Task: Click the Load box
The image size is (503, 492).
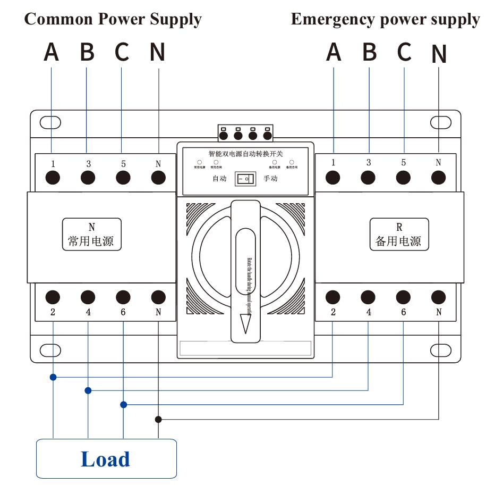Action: click(x=106, y=458)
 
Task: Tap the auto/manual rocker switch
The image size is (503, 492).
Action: click(x=245, y=179)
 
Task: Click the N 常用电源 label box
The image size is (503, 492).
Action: click(x=91, y=235)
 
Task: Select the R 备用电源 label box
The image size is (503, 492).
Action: click(x=398, y=235)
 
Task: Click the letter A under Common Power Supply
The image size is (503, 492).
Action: click(x=51, y=52)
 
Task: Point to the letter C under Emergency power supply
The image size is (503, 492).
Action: click(x=404, y=52)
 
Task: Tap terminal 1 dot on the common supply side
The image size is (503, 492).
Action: click(x=53, y=178)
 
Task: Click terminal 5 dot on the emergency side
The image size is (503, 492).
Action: click(x=403, y=178)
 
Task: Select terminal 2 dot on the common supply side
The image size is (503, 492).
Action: click(x=53, y=297)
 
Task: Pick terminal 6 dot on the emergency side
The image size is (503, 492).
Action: click(x=403, y=297)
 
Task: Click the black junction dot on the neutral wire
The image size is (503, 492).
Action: click(x=158, y=419)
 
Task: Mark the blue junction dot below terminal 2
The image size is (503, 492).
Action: click(x=53, y=377)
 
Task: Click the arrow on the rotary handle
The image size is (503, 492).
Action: click(x=245, y=323)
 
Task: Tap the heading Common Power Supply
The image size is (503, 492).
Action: click(x=113, y=20)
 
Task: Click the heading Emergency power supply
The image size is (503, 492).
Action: click(x=385, y=20)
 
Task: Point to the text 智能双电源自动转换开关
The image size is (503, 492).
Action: click(x=245, y=154)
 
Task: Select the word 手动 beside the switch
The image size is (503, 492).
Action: click(x=270, y=179)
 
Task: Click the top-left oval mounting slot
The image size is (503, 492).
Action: click(x=50, y=123)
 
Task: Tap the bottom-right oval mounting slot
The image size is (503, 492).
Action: click(x=440, y=350)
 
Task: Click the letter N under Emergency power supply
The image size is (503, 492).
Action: click(x=439, y=54)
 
